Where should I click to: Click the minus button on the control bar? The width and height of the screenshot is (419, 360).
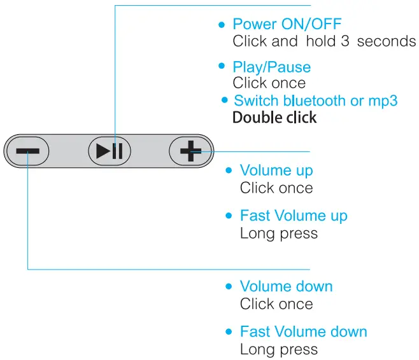27,151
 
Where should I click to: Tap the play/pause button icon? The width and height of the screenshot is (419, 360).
109,151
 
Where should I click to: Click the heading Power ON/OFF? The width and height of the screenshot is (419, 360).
287,25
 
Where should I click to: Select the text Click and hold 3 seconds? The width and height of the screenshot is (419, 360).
323,41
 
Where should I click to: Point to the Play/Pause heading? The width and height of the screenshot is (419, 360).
271,67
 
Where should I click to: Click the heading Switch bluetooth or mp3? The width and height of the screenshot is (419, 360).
315,101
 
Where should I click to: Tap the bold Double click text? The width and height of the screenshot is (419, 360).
274,118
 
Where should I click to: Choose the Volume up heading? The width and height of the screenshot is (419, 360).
276,170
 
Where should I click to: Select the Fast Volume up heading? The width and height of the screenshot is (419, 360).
294,216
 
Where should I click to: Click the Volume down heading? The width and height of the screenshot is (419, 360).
286,287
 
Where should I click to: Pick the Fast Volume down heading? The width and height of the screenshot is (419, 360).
303,332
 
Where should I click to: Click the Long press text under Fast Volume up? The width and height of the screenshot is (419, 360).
278,233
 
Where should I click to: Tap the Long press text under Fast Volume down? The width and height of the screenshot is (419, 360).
278,349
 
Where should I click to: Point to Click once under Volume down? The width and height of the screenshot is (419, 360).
276,304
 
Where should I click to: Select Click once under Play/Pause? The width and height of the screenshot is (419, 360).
269,83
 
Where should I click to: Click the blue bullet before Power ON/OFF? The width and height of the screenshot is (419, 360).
222,25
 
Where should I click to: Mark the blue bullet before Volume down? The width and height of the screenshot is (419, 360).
229,287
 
